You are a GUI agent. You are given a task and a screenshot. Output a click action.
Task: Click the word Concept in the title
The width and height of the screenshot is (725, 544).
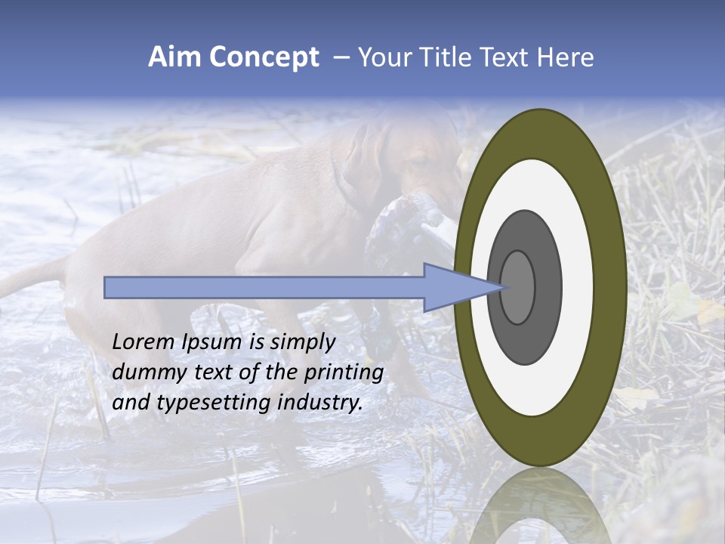click(x=262, y=57)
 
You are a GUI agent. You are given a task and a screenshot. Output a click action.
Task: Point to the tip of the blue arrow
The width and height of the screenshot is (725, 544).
click(x=504, y=287)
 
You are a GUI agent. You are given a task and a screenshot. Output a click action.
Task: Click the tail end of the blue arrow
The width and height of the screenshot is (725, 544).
click(x=106, y=287)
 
